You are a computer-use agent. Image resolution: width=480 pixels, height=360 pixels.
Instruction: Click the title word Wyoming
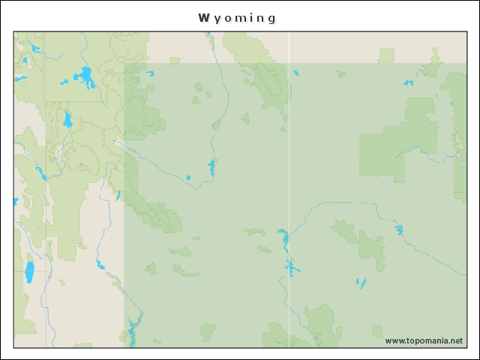coord(237,18)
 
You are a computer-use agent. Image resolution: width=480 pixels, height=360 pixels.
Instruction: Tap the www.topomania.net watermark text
coord(424,340)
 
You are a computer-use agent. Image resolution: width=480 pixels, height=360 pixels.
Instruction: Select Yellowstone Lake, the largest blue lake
coord(85,76)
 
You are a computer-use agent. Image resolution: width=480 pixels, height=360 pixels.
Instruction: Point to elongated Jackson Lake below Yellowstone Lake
coord(67,119)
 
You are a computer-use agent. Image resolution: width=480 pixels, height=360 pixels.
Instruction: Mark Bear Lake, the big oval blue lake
coord(30,271)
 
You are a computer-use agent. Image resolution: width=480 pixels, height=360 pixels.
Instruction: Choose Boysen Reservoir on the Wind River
coord(212,167)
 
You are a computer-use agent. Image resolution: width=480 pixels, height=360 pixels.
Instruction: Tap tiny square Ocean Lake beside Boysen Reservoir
coord(188,178)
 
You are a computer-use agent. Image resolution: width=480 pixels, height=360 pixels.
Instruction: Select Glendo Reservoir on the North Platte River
coord(399,229)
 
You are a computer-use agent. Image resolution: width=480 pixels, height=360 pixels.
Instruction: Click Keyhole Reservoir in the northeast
coord(409,82)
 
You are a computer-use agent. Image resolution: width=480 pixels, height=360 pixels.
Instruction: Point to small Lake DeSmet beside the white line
coord(296,73)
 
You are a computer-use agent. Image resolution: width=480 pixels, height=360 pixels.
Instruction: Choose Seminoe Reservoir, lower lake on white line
coord(291,266)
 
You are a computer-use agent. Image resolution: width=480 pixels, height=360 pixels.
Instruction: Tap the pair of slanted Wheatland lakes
coord(361,283)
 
